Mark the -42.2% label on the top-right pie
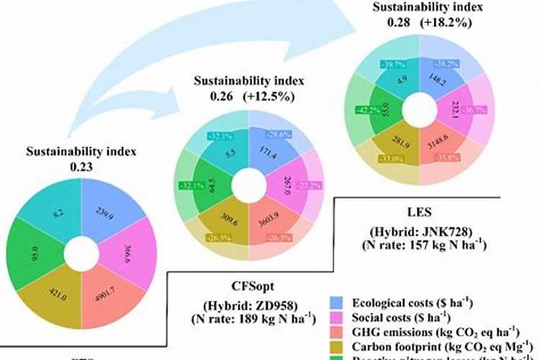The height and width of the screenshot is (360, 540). coord(364,109)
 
